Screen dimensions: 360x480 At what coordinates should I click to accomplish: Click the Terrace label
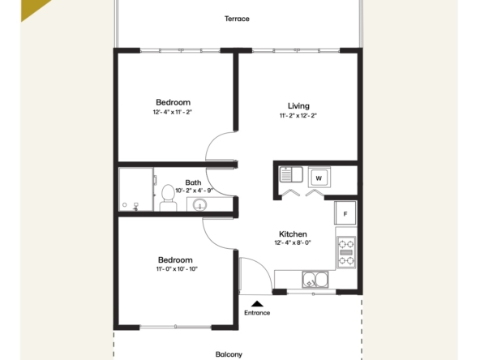[x=237, y=19]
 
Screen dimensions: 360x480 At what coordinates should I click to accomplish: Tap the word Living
[x=298, y=105]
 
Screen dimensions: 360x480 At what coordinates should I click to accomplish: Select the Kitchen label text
[x=293, y=234]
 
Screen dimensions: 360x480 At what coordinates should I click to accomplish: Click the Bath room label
[x=193, y=182]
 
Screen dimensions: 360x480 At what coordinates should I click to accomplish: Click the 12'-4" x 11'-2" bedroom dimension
[x=172, y=112]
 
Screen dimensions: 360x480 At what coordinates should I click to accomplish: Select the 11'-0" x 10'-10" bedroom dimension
[x=176, y=269]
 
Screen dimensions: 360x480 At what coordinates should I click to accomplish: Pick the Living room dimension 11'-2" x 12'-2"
[x=298, y=115]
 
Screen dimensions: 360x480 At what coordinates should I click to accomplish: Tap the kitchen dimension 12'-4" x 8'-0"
[x=293, y=242]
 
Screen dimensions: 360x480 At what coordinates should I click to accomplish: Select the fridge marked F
[x=345, y=213]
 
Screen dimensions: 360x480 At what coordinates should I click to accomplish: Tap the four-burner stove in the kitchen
[x=346, y=251]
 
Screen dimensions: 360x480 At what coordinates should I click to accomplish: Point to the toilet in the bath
[x=168, y=197]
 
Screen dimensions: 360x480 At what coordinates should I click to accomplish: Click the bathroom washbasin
[x=200, y=204]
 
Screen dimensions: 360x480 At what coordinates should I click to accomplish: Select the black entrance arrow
[x=257, y=302]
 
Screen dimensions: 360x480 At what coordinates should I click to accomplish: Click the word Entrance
[x=257, y=312]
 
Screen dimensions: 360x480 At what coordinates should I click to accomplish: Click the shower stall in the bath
[x=135, y=190]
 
